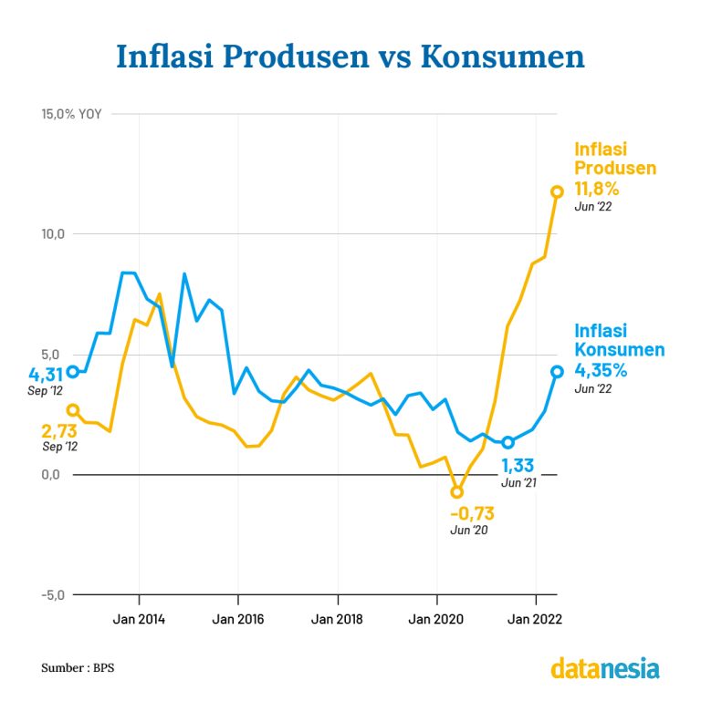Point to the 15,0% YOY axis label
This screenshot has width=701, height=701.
[x=71, y=115]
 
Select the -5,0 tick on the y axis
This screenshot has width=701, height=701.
[x=51, y=594]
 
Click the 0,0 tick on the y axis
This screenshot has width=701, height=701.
[x=53, y=474]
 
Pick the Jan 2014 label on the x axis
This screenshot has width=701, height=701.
[x=139, y=620]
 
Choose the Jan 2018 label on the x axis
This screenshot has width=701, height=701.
[x=337, y=620]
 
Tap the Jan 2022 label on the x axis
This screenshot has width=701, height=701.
[x=535, y=620]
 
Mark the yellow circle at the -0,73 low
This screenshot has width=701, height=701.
[x=457, y=492]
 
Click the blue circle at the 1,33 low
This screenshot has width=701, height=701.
[x=508, y=442]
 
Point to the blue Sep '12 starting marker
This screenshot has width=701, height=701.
[x=73, y=371]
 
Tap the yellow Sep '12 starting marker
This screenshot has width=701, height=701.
[x=73, y=410]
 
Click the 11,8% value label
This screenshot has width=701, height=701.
[x=597, y=190]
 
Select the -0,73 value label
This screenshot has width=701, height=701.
[x=472, y=513]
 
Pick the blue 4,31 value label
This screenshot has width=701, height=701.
[x=46, y=374]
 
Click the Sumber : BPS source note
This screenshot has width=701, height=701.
[x=78, y=668]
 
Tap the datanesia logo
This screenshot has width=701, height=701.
[x=604, y=668]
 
